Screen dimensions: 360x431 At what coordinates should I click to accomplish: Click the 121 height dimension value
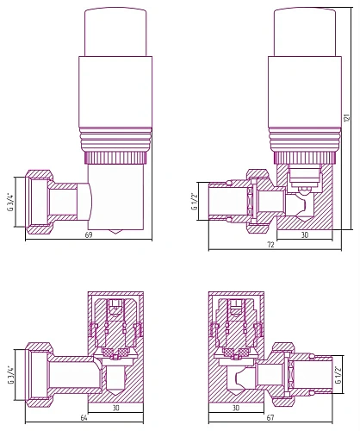point(347,117)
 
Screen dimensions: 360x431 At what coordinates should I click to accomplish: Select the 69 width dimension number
point(89,234)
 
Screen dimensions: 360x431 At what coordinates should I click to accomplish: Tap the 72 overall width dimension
point(270,245)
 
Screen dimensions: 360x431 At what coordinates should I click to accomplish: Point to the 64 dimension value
point(84,418)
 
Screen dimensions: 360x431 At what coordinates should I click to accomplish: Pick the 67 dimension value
point(270,418)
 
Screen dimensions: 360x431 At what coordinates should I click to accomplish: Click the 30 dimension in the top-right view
point(305,234)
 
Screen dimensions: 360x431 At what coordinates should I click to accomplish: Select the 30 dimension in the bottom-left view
point(115,408)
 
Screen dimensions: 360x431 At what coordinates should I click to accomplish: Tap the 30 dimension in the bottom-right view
point(236,408)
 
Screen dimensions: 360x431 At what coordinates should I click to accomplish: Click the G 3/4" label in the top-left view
point(11,202)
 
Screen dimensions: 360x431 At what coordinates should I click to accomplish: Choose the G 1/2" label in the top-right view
point(195,201)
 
